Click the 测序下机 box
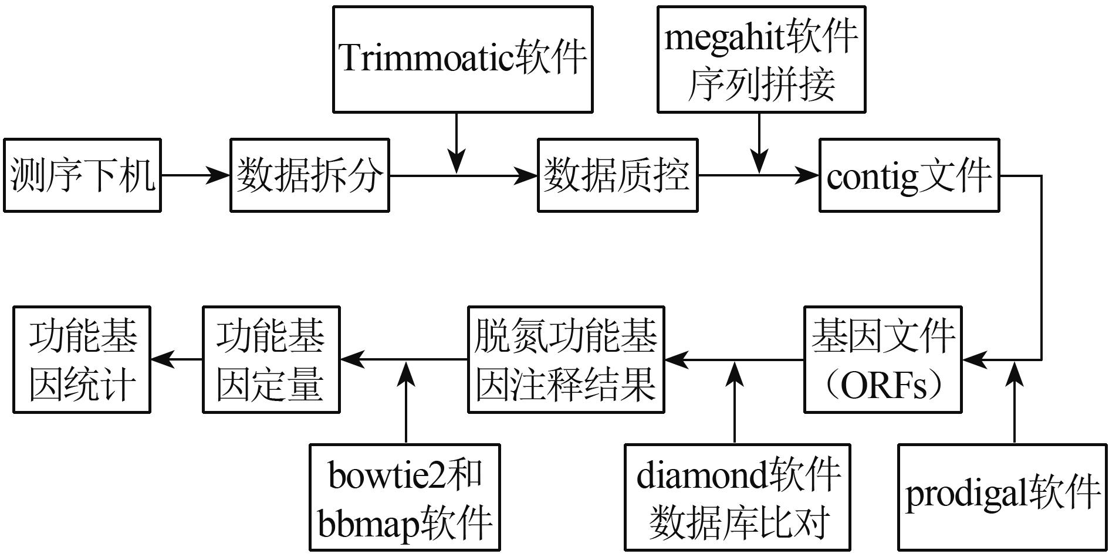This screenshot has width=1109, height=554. tap(82, 175)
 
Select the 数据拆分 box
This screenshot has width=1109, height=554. tap(309, 175)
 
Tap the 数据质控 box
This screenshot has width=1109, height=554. tap(617, 175)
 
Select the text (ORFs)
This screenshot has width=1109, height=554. tap(883, 386)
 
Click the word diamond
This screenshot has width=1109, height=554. tap(702, 474)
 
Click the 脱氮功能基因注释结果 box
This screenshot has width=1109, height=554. tap(566, 359)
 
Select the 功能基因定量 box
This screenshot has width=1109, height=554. tap(271, 359)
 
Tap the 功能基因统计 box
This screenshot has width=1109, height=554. tap(82, 359)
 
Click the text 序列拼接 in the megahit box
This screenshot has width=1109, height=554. tap(761, 85)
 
